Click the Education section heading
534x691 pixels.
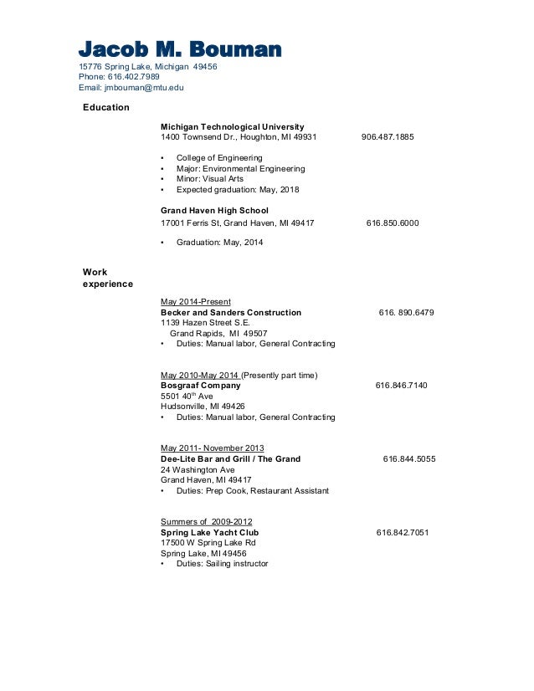[x=105, y=107]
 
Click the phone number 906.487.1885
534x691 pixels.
[x=388, y=137]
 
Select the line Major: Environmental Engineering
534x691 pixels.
[x=240, y=168]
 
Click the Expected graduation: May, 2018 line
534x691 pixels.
[x=237, y=190]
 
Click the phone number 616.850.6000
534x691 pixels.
[x=393, y=223]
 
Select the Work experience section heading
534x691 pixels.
[x=108, y=278]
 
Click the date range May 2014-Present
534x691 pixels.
[x=196, y=301]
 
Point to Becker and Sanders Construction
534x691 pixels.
[x=231, y=312]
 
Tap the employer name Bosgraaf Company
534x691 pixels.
[x=201, y=386]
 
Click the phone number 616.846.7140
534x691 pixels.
[x=401, y=386]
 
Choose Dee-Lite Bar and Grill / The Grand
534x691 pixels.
[x=230, y=459]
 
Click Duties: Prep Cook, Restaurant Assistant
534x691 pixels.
[x=252, y=491]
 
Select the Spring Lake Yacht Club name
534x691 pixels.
[x=209, y=532]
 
